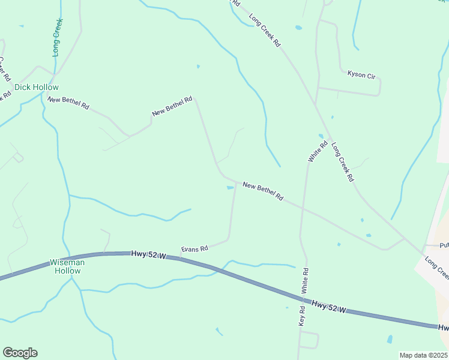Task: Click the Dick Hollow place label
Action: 37,87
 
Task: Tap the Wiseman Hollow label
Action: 65,266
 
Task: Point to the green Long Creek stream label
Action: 58,37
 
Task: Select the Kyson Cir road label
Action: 361,75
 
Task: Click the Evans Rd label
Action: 194,248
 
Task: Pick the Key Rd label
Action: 302,316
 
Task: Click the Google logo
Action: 20,353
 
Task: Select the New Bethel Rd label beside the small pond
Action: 263,191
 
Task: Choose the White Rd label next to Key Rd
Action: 306,280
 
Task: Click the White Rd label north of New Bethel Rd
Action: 318,151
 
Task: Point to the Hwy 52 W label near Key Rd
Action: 329,307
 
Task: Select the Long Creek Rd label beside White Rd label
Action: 343,163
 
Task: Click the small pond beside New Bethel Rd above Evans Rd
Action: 230,188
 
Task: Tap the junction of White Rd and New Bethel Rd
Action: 304,210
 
